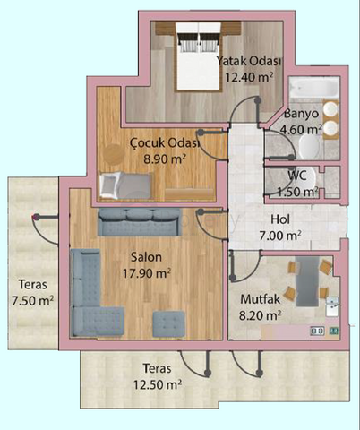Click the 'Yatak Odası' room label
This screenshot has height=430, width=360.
pos(249,61)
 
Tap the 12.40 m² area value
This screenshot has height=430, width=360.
pos(249,77)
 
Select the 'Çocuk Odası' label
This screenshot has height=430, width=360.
pos(165,142)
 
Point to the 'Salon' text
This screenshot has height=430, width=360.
pos(147,257)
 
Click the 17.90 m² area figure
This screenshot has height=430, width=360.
pos(147,273)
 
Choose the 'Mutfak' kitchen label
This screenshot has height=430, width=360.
pos(261,299)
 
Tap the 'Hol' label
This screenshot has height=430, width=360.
pos(280,219)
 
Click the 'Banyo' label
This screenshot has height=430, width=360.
pos(302,114)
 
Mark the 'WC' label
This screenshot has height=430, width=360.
pos(297,176)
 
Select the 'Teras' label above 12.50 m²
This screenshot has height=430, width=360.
pos(158,368)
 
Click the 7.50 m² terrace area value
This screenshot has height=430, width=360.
pos(33,300)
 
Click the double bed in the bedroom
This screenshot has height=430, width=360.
pos(199,56)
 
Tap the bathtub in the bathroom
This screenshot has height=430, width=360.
pos(314,87)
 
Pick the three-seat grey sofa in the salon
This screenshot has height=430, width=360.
pos(140,222)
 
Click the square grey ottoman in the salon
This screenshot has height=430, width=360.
pos(168,323)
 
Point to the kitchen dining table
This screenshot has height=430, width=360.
pos(308,281)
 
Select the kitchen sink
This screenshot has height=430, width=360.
pos(332,307)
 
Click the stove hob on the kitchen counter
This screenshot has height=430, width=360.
pos(317,331)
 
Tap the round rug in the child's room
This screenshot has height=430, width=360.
pos(114,154)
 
